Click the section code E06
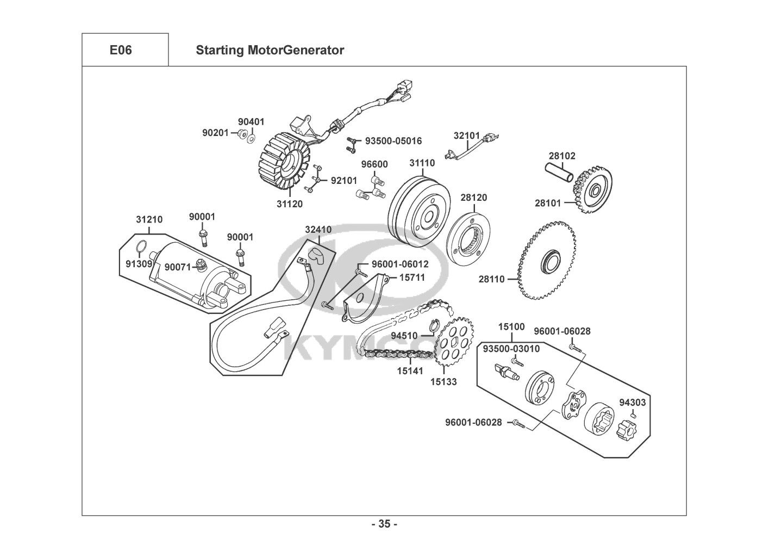121,50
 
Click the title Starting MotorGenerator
270,50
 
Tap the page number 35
384,524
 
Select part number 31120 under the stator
290,204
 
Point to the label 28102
562,156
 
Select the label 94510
404,336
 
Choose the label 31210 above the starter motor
149,219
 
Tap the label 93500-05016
393,141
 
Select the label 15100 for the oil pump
511,327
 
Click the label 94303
633,403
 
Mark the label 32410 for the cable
318,230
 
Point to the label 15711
412,277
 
